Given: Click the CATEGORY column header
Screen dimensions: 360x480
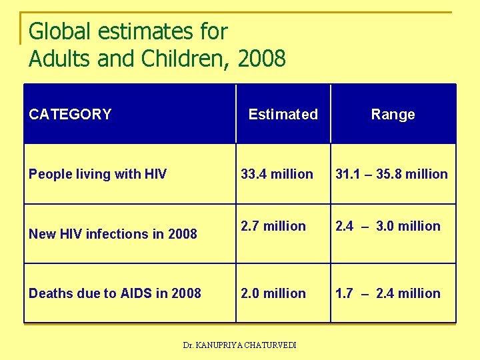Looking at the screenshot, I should point(70,114).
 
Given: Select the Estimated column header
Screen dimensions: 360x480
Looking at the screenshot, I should point(283,114).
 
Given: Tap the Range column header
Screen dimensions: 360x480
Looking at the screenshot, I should point(393,114).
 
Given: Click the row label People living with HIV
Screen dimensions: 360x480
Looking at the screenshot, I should point(97,174).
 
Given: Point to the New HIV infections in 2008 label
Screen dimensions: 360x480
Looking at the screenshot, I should point(113,234).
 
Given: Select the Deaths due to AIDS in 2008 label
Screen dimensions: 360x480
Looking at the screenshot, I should point(115,293).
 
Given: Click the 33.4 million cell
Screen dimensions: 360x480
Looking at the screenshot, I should point(277,174).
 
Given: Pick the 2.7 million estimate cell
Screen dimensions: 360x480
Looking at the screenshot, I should point(273,226).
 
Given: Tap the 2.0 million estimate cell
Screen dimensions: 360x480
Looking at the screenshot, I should point(273,293).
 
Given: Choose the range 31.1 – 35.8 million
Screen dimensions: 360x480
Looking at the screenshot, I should point(391,174).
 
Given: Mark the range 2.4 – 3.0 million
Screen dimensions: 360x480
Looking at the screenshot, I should point(387,226).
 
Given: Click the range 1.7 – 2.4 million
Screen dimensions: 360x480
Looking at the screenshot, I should point(387,293).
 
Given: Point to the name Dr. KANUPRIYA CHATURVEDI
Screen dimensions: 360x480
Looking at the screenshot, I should point(240,345).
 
